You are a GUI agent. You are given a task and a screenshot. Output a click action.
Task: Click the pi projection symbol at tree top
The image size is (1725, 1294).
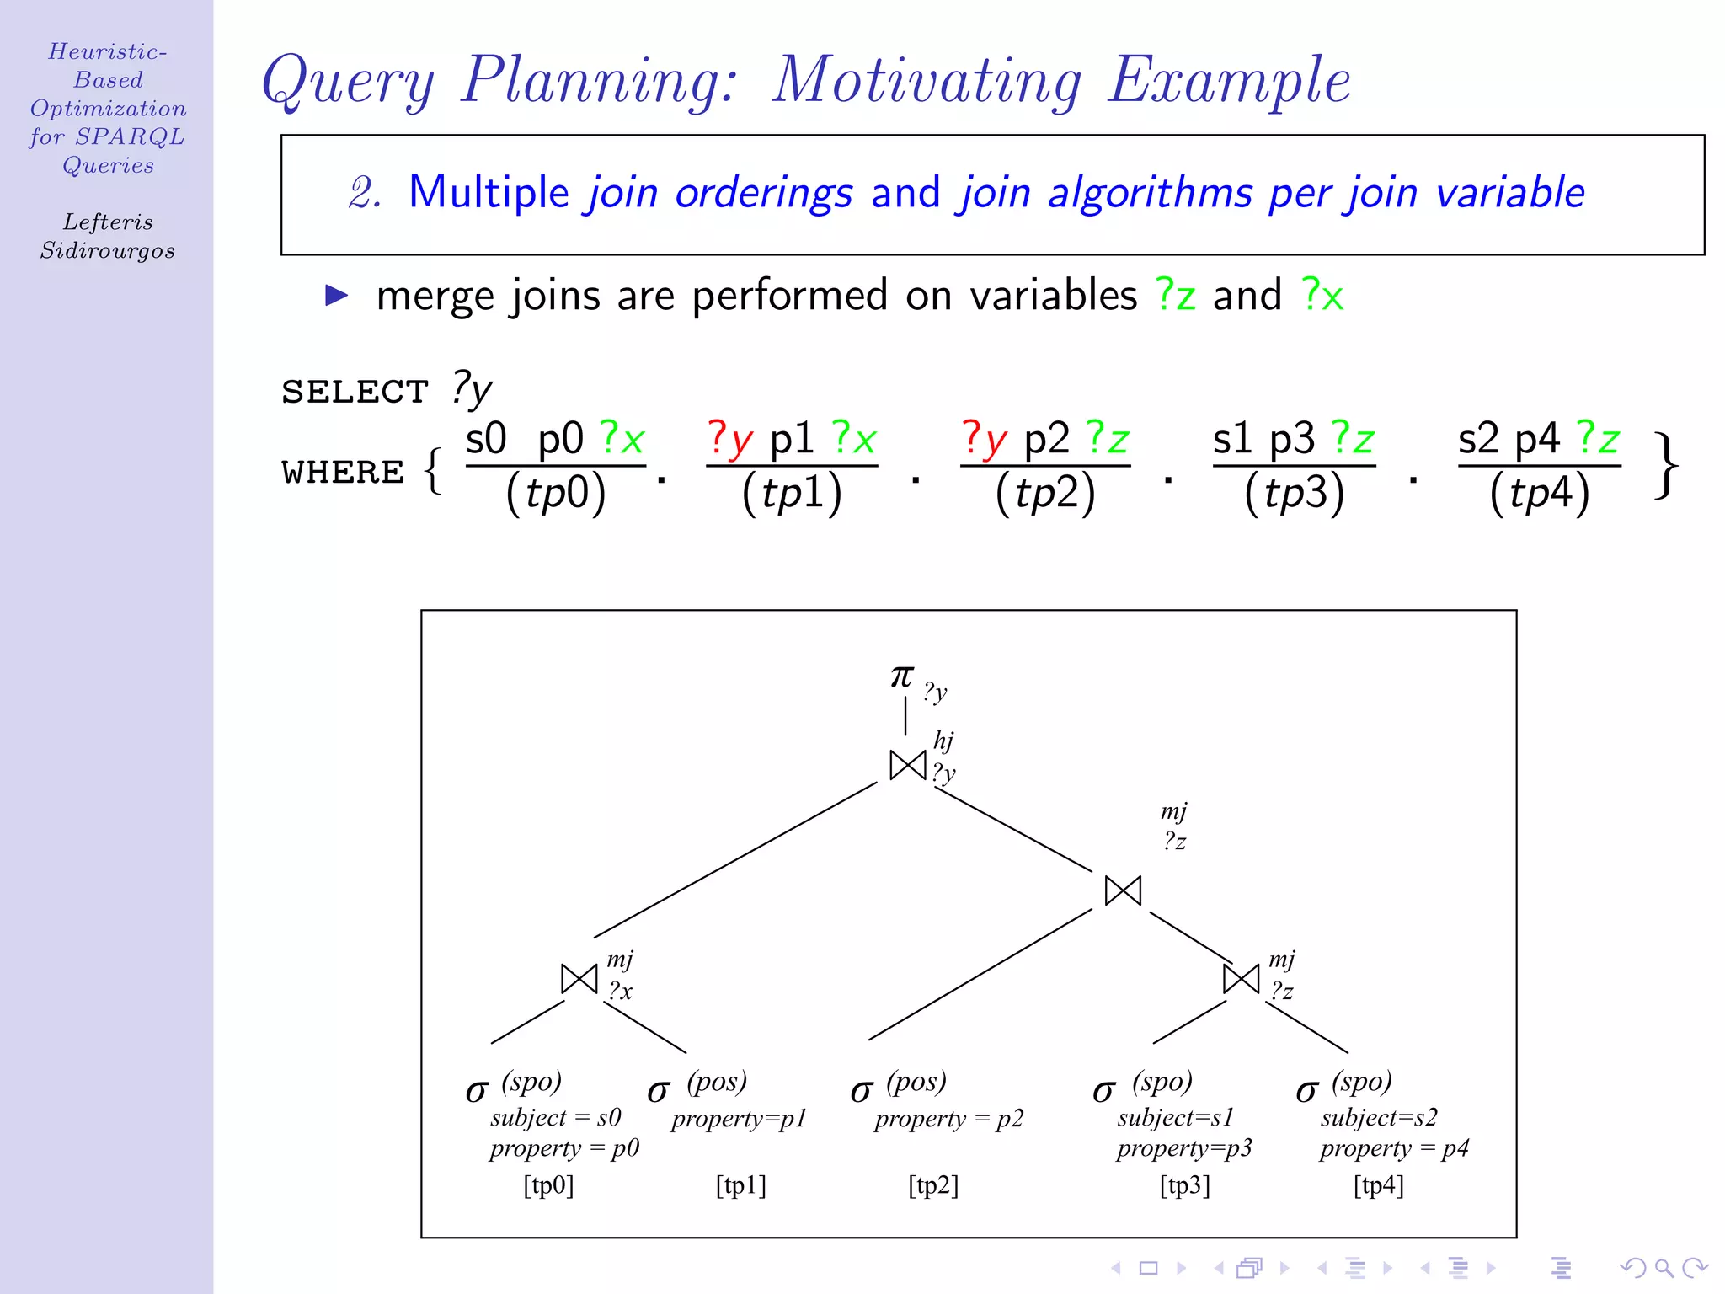coord(901,676)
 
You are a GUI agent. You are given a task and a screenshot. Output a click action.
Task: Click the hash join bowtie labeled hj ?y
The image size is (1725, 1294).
coord(908,765)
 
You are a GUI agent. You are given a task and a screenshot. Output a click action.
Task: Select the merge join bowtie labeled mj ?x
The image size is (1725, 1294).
coord(579,979)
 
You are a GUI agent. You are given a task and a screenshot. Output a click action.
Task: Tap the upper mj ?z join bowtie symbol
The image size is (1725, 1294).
coord(1123,890)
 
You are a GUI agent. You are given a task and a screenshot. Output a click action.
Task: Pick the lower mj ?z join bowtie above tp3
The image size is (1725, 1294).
coord(1241,979)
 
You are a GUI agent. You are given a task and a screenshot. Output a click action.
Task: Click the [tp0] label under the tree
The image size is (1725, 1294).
coord(548,1185)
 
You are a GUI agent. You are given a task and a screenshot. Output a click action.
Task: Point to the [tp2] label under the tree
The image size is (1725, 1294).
coord(933,1185)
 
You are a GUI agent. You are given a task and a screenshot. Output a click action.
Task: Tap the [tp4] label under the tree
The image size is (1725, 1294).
coord(1379,1185)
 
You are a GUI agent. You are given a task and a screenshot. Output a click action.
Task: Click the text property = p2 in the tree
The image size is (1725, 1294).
coord(948,1119)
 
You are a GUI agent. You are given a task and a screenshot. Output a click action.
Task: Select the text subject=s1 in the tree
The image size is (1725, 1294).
coord(1175,1118)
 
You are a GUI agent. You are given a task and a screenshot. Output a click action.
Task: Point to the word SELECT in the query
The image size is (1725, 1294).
coord(355,392)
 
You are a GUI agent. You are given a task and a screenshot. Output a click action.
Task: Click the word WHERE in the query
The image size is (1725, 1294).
coord(343,473)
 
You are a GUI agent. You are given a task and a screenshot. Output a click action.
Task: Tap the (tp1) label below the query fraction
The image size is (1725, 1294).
coord(792,493)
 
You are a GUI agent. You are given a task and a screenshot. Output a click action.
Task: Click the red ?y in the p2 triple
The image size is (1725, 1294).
coord(984,439)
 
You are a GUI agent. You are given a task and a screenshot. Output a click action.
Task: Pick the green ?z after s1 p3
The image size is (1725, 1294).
coord(1353,439)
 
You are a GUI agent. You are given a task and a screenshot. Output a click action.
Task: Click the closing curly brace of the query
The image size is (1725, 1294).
coord(1665,466)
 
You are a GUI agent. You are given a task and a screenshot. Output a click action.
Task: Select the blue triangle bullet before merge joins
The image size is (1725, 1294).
coord(337,295)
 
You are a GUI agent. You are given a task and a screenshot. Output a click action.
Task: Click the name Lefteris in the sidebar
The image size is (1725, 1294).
coord(108,222)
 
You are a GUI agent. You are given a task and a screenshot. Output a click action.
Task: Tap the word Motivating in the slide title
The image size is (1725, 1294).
coord(927,81)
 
